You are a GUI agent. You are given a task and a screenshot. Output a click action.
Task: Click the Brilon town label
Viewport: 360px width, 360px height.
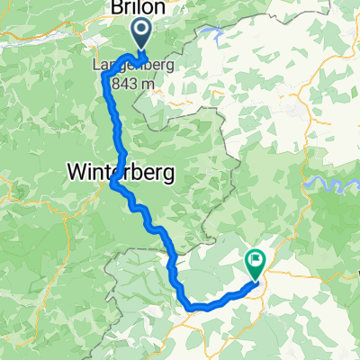137,8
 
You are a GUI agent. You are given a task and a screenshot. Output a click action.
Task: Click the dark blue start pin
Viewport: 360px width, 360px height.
142,36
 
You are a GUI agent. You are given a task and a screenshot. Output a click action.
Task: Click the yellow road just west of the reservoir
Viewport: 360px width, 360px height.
307,180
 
